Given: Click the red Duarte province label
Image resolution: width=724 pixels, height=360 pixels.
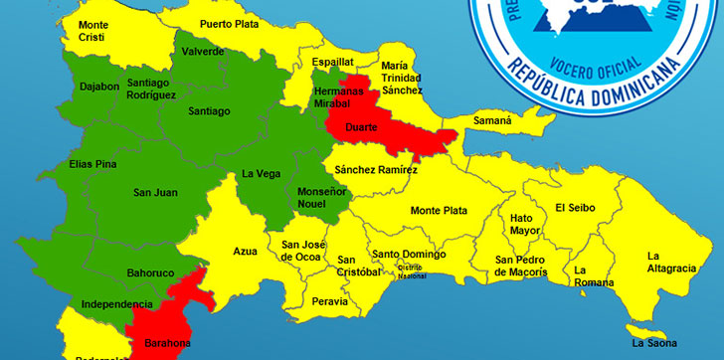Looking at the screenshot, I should tap(360, 127).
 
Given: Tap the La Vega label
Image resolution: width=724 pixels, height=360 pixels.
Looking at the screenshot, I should tap(261, 173).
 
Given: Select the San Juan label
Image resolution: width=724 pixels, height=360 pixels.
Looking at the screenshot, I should tap(155, 192).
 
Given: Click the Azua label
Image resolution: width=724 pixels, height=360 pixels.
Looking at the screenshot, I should tap(246, 252).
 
